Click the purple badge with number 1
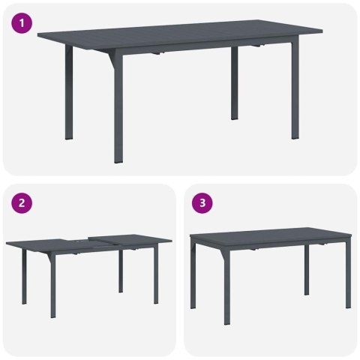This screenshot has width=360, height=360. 23,23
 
